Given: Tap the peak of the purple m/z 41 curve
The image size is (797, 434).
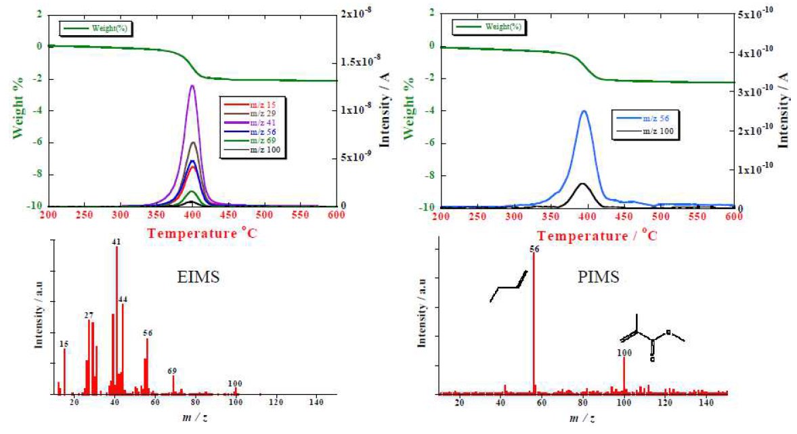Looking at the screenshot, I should pos(192,86).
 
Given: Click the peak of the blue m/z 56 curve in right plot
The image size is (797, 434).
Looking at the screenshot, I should pos(584,112).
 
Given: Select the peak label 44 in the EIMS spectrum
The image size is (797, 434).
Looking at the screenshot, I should pos(123,299).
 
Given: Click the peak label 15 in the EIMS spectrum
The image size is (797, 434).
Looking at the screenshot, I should pos(64,343).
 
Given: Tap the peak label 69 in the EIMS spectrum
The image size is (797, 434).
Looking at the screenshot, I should pos(172,370).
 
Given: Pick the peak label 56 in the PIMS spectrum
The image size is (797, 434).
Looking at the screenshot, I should pos(534,248).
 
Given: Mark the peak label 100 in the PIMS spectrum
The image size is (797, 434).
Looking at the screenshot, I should pos(624,352).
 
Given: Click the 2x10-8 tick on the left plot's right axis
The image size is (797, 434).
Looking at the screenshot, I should pos(360,14).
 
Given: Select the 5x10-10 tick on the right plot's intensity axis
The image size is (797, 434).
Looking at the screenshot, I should pos(756,14).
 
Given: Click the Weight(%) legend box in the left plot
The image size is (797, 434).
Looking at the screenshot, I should pos(95,28).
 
